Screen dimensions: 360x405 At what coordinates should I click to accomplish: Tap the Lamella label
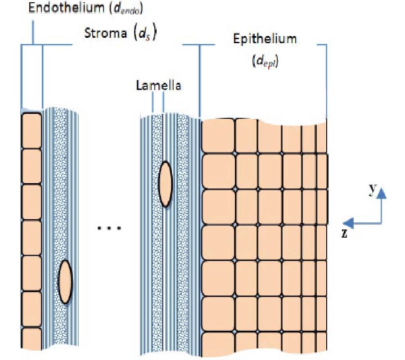coord(158,85)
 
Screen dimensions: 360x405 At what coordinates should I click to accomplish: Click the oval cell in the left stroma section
coord(66,282)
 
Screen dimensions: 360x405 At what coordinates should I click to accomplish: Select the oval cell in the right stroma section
coord(165,184)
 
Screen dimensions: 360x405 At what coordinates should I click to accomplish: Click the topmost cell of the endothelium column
coord(31,130)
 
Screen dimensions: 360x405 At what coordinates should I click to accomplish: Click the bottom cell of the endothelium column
coord(31,343)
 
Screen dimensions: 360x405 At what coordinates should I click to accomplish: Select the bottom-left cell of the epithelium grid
coord(218,346)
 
